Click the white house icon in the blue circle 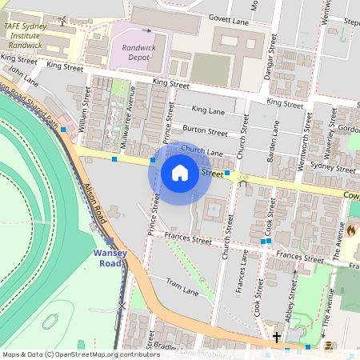coord(180,173)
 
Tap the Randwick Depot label coord(138,53)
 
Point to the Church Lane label coord(202,150)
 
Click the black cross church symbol coord(277,338)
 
